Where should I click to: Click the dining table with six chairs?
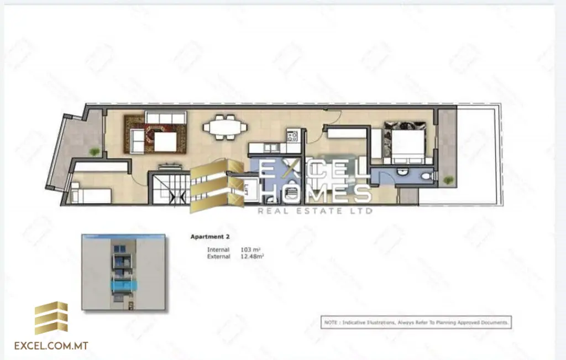225,127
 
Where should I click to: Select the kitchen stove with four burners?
293,135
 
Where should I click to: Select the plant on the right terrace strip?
448,180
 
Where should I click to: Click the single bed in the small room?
91,195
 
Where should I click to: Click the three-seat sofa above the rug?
166,117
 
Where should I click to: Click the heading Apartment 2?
210,237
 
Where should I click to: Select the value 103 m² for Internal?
250,250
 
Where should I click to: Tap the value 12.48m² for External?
252,257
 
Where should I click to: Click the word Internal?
218,250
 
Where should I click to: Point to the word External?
218,257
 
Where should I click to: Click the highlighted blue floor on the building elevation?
124,285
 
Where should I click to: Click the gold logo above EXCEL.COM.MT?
51,318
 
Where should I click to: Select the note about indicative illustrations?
417,322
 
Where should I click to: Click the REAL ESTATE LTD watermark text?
316,210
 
